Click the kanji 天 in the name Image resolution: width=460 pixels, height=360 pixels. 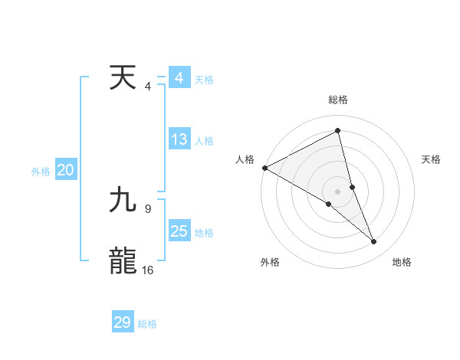point(123,78)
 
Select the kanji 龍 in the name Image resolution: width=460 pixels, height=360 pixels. point(123,260)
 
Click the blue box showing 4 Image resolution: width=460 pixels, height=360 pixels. point(179,78)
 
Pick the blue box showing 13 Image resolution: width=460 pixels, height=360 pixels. point(179,139)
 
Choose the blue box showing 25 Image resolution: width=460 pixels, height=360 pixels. point(179,231)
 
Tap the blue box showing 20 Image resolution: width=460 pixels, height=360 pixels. point(66,171)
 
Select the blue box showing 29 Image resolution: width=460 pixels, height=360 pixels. point(123,322)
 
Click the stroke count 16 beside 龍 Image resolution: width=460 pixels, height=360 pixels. point(147,270)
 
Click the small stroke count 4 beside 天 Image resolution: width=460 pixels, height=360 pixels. point(147,87)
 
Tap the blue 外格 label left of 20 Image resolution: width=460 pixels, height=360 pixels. point(41,172)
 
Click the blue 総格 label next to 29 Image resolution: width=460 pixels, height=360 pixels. point(147,324)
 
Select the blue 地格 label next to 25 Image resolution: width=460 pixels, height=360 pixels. point(204,232)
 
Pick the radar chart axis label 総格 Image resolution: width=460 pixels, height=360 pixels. point(337,100)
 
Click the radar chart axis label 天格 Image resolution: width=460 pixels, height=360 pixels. point(431,159)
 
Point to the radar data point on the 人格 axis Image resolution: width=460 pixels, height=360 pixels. point(264,167)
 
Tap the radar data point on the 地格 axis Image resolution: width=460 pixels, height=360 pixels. point(374,242)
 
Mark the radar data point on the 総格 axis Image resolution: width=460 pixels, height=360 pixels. point(337,130)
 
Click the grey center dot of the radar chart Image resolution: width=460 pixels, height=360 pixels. point(337,191)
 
